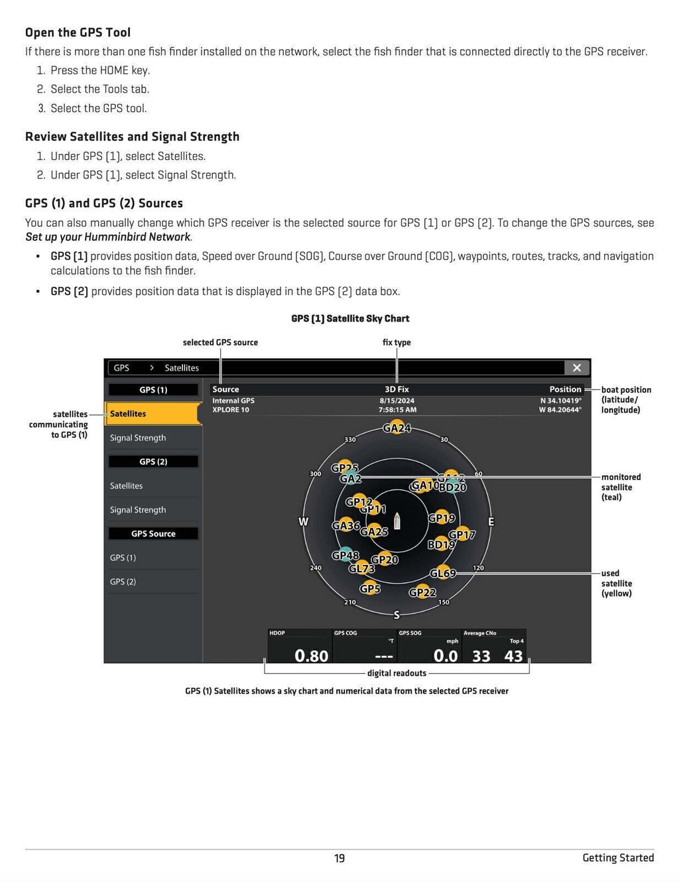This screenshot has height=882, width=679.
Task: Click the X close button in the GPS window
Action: [576, 367]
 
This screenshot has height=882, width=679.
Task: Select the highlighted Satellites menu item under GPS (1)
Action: [153, 414]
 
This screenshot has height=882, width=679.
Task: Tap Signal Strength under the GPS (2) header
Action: [138, 510]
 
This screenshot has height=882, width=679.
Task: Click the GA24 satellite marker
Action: [397, 428]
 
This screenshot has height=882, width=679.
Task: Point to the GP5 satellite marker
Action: [370, 588]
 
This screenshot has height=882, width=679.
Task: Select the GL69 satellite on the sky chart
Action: [442, 573]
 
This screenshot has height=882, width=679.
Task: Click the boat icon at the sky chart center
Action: [397, 521]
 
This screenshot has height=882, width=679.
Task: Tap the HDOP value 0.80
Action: [311, 656]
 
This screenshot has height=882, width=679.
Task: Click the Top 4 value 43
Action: [513, 656]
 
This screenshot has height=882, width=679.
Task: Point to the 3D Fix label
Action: [397, 389]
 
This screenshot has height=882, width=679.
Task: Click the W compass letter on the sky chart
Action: [303, 522]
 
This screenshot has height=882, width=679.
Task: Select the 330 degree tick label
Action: [350, 440]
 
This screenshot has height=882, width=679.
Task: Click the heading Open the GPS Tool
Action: [78, 32]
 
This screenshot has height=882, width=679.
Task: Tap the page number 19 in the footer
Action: [339, 858]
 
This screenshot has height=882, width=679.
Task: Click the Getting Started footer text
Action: [618, 857]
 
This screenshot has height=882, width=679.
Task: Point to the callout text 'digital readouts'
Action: [397, 673]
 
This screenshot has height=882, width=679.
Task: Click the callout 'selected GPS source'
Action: [220, 342]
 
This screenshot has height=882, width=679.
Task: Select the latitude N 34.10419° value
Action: [560, 401]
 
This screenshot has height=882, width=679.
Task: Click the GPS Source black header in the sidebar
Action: [153, 534]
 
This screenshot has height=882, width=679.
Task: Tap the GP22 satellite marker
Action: [422, 592]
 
